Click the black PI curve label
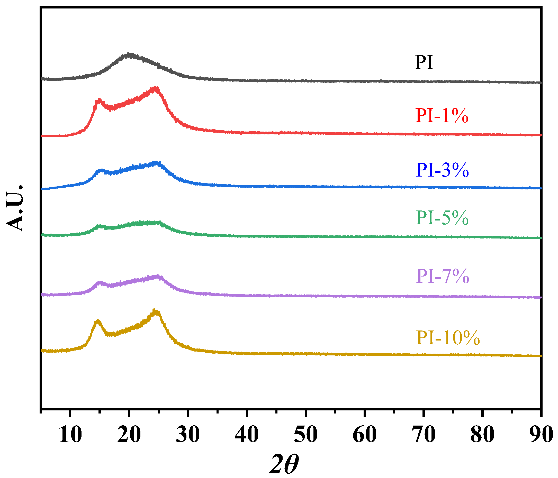tap(424, 62)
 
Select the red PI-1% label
tap(442, 116)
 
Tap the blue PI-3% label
tap(442, 170)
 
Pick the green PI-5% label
tap(442, 218)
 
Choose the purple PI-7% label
tap(443, 276)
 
